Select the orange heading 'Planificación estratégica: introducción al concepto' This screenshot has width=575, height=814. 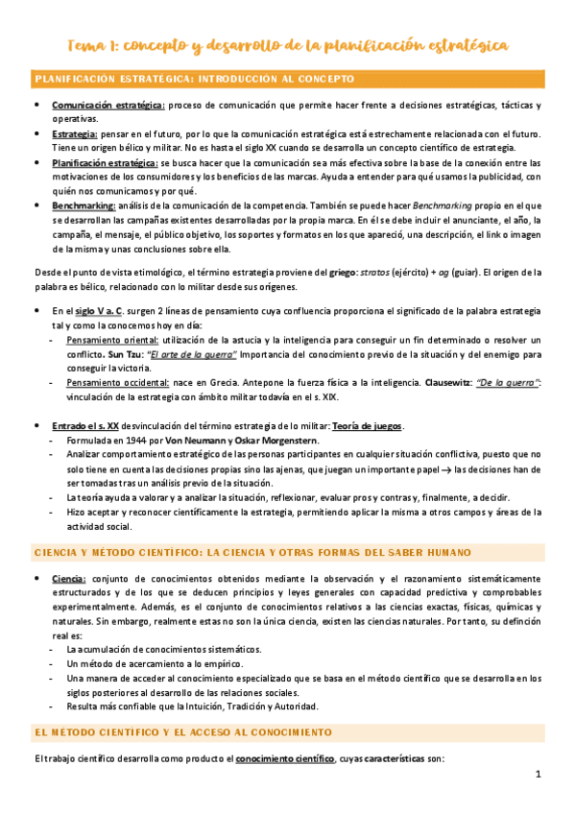[195, 78]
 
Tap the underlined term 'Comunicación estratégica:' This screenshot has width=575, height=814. [108, 105]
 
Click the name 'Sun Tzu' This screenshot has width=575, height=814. [122, 352]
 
